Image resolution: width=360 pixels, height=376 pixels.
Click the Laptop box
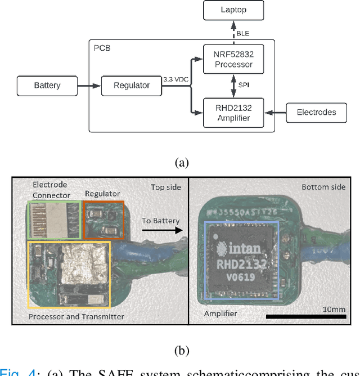pyautogui.click(x=233, y=10)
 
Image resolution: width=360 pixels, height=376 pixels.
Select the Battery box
pyautogui.click(x=47, y=86)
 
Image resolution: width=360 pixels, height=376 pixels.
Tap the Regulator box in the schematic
pyautogui.click(x=132, y=86)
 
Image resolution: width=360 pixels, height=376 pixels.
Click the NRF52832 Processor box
pyautogui.click(x=233, y=59)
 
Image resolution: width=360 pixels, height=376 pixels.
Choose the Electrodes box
pyautogui.click(x=316, y=111)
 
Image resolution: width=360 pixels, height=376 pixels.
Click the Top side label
pyautogui.click(x=166, y=186)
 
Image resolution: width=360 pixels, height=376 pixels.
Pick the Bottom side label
pyautogui.click(x=323, y=186)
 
